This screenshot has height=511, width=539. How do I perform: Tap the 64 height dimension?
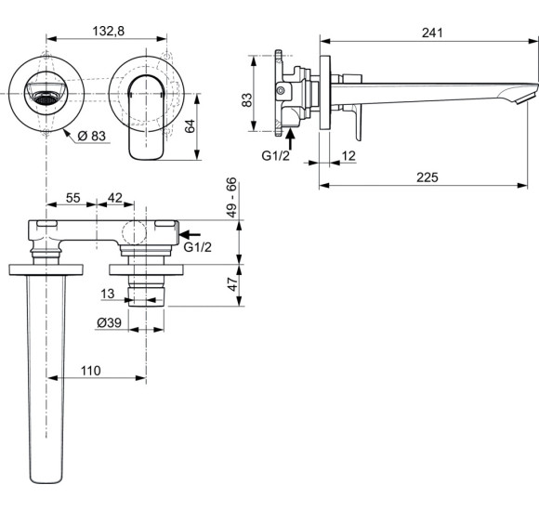[x=190, y=126]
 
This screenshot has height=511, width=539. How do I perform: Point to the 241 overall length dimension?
[x=429, y=32]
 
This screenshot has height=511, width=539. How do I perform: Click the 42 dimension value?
[x=115, y=199]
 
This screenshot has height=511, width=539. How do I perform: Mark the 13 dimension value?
[x=110, y=294]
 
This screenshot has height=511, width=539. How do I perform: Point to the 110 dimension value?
[x=90, y=371]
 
